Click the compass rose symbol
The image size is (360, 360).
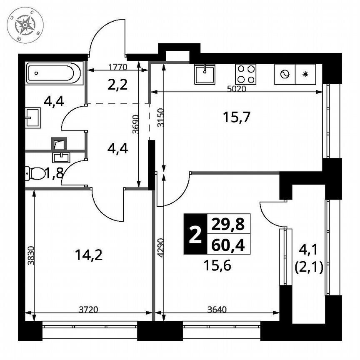tap(25, 26)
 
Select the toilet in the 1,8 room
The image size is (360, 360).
tap(35, 173)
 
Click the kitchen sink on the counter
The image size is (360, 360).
tap(205, 75)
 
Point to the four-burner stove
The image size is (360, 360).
tap(245, 75)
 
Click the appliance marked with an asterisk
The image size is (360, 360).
tap(305, 75)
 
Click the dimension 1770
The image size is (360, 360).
tap(118, 67)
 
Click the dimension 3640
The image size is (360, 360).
tap(217, 309)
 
